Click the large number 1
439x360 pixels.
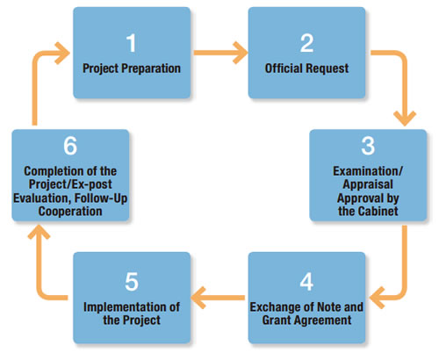coord(132,43)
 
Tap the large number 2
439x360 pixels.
coord(306,43)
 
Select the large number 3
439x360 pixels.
coord(368,146)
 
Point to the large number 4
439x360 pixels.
coord(306,282)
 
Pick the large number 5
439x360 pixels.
coord(132,282)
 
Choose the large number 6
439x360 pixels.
coord(70,146)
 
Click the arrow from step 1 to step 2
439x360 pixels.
coord(220,53)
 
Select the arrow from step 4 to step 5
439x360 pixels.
coord(218,298)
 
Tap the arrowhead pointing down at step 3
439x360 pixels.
coord(405,119)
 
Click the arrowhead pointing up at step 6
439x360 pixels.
coord(39,233)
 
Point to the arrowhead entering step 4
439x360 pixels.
coord(378,298)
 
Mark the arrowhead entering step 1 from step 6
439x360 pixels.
coord(62,53)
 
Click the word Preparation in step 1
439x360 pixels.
coord(151,68)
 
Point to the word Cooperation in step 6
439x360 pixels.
coord(70,211)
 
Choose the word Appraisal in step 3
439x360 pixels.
coord(368,184)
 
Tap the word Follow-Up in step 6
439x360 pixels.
coord(101,198)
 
